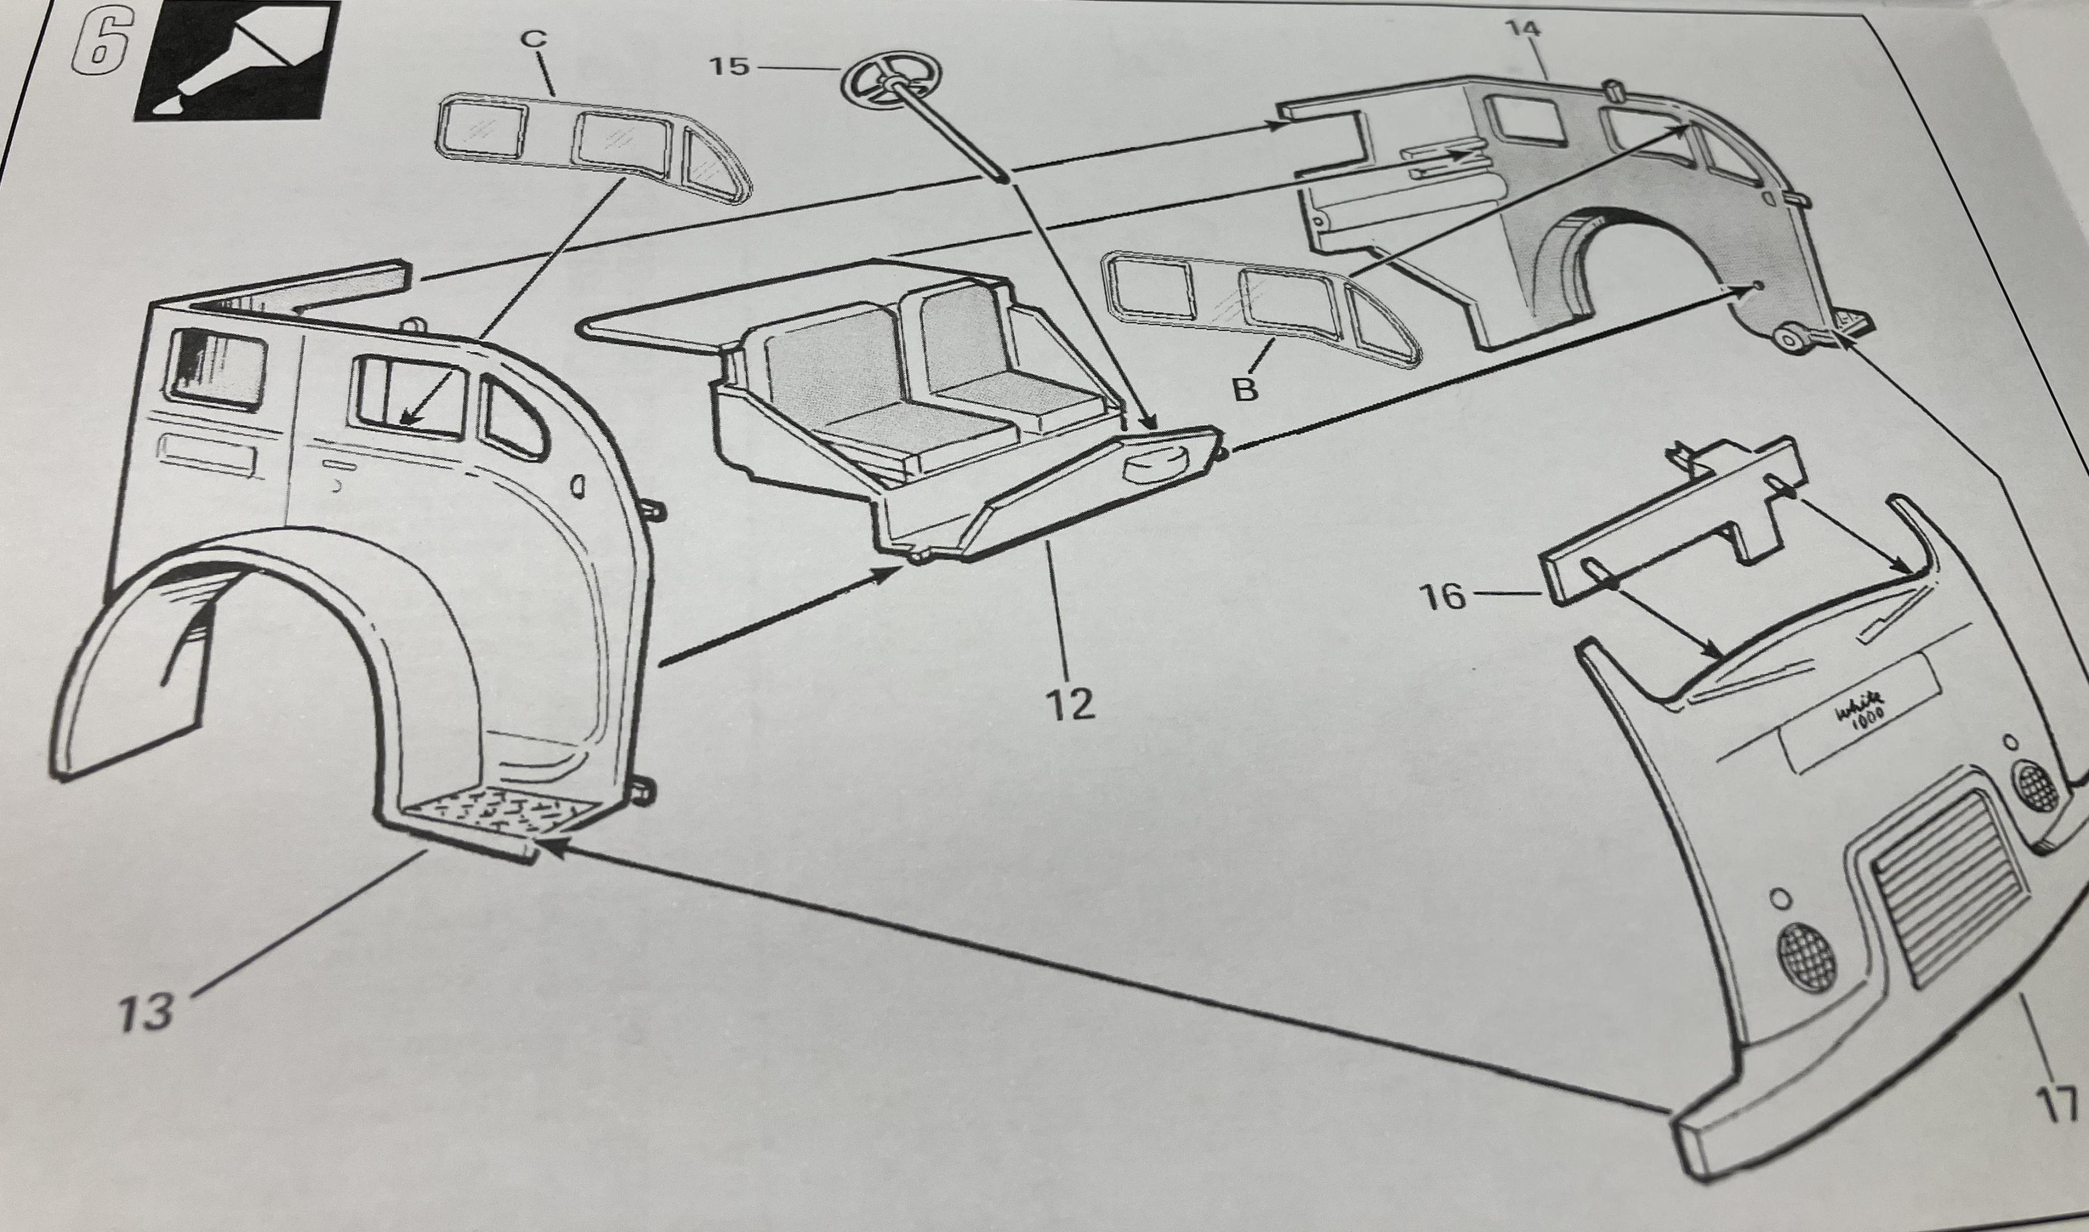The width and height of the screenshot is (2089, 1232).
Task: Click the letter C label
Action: pos(536,38)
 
